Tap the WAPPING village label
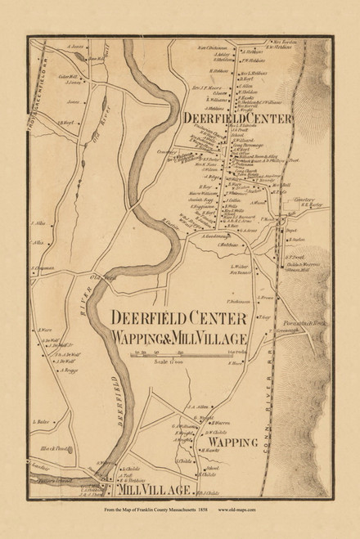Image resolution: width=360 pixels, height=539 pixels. pos(233,443)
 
